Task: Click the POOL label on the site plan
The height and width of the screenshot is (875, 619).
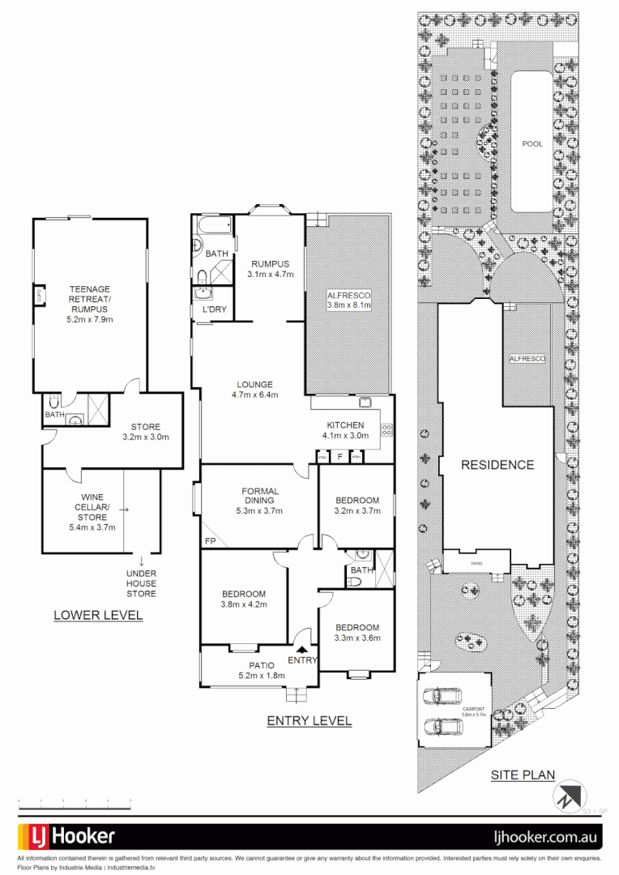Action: [532, 143]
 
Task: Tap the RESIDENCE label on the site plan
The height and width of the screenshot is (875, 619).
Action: [497, 465]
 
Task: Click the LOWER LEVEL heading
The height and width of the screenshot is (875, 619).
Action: [98, 615]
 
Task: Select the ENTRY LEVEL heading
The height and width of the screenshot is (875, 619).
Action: [309, 720]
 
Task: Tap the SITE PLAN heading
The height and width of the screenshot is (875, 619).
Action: [523, 775]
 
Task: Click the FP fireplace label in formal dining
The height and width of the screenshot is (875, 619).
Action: [210, 540]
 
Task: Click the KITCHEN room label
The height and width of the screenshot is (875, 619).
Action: [345, 425]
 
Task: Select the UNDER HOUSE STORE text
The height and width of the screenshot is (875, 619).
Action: [141, 583]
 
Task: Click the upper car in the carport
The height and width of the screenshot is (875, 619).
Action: [442, 696]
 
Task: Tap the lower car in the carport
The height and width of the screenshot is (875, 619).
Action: [442, 726]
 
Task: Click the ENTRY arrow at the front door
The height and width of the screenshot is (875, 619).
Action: [303, 648]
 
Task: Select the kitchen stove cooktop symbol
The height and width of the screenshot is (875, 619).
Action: [386, 430]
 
